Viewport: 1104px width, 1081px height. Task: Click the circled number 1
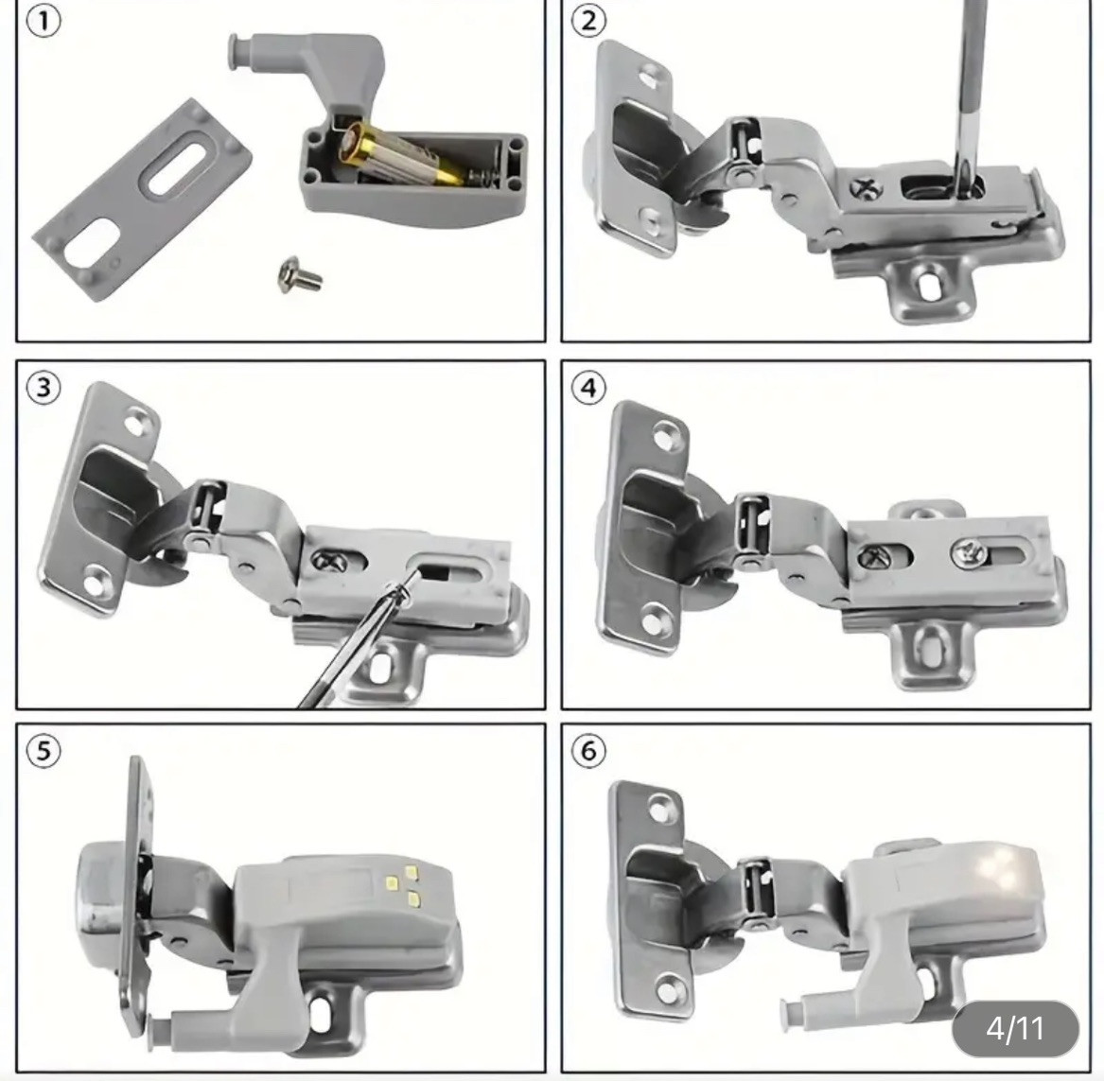(x=44, y=22)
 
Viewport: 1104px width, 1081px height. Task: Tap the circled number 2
(x=588, y=22)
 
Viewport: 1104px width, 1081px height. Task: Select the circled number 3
(x=44, y=388)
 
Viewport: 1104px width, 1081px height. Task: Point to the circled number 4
(x=588, y=388)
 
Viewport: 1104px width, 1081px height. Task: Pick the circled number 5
(x=44, y=751)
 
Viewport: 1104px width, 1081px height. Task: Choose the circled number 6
(x=588, y=751)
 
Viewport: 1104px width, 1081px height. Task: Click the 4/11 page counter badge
(x=1015, y=1028)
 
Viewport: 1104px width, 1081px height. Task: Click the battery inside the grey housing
(x=403, y=154)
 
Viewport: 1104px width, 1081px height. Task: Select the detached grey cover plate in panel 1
(x=143, y=200)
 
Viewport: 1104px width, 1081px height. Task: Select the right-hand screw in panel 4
(x=968, y=552)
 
